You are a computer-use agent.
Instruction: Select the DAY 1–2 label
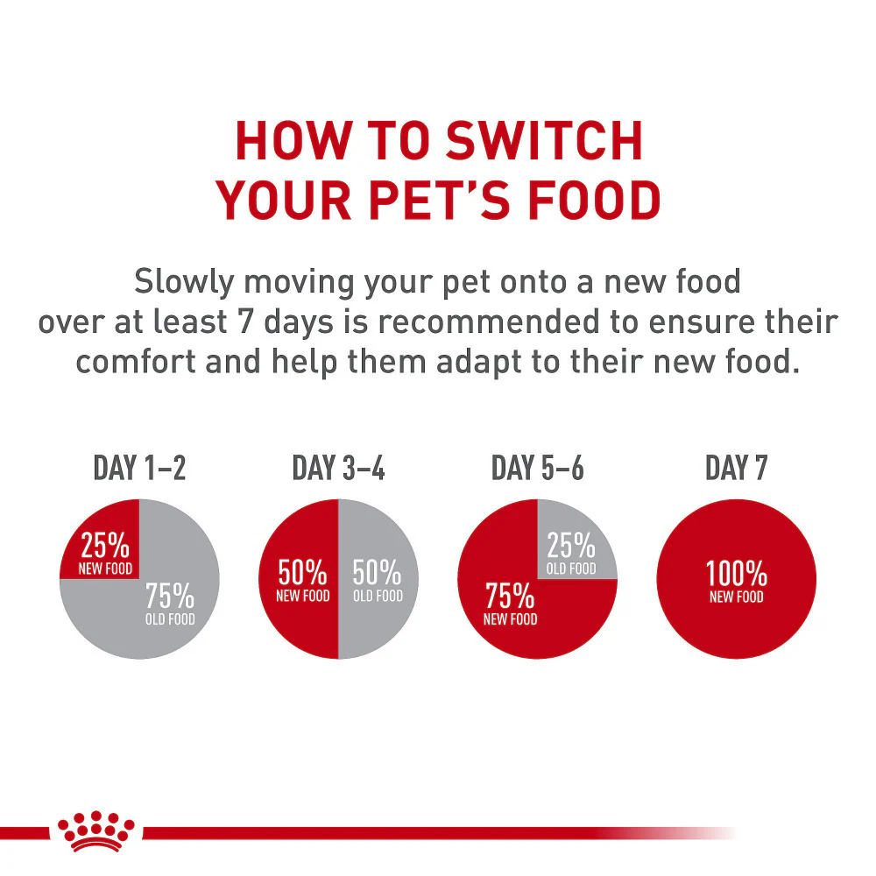(139, 469)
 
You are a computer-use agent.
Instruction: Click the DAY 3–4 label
(338, 469)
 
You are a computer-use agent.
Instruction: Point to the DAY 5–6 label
(537, 469)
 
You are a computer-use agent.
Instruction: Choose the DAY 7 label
(736, 469)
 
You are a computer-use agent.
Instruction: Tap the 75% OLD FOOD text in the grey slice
(170, 604)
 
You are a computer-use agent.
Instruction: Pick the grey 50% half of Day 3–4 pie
(377, 581)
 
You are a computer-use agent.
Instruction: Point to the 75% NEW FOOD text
(510, 604)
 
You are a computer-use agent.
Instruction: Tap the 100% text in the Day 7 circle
(736, 576)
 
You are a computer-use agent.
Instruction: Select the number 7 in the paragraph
(244, 322)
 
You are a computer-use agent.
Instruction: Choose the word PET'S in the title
(416, 201)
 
